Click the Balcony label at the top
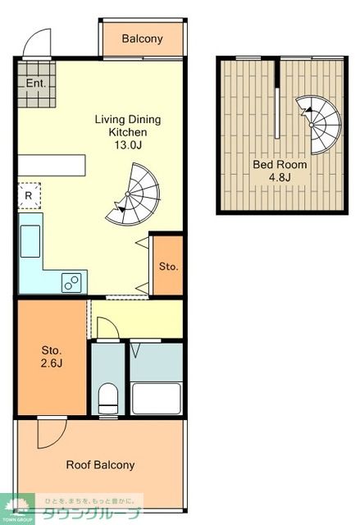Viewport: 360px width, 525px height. [142, 39]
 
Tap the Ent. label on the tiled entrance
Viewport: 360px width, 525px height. [36, 83]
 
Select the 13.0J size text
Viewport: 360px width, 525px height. [128, 145]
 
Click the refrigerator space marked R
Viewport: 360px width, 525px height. [29, 196]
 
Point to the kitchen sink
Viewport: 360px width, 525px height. [30, 241]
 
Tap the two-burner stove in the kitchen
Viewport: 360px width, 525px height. [71, 282]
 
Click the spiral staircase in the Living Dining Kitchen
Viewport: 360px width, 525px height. [133, 195]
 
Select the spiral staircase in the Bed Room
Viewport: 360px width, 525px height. [319, 125]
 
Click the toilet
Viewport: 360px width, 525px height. [108, 399]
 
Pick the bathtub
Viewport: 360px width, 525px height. [157, 399]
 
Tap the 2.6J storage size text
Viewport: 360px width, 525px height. [52, 363]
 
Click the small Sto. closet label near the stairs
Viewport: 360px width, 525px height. [168, 267]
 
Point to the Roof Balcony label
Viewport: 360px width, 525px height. [100, 465]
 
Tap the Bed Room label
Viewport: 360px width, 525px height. [280, 164]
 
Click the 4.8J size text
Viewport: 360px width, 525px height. [280, 177]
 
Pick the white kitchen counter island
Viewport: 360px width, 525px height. [52, 165]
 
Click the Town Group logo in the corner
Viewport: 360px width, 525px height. [16, 509]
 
